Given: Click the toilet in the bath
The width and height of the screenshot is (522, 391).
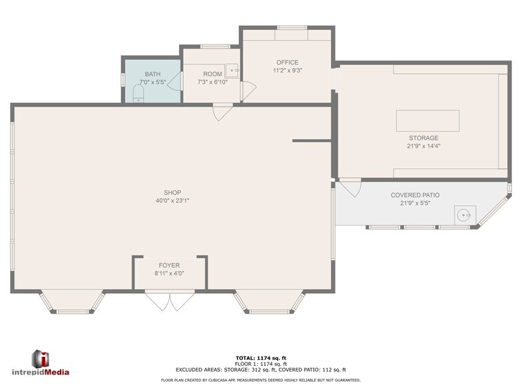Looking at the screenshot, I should (138, 97).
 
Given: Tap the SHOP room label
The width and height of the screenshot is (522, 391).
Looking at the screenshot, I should (172, 193).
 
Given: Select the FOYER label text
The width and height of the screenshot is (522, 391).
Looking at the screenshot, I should (169, 265).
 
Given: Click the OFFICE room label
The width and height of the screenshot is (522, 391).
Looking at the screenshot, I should (287, 63).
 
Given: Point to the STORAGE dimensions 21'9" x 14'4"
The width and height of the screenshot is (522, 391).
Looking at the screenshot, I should (424, 146).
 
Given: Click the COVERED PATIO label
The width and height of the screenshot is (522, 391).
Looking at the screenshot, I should (415, 195).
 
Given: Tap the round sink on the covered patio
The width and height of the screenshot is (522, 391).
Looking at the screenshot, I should (464, 215).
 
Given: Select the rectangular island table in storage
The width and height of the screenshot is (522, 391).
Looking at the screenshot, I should (427, 121).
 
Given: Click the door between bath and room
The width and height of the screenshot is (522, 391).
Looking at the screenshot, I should (174, 82).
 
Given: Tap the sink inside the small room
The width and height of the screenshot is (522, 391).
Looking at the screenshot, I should (232, 69).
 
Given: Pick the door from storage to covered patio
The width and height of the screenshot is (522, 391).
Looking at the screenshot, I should (351, 187).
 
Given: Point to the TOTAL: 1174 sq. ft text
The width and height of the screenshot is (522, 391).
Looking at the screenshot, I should (261, 358).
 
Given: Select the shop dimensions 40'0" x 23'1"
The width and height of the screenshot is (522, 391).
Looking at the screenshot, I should (172, 200).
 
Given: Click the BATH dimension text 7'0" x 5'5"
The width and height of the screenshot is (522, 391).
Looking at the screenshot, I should (152, 82).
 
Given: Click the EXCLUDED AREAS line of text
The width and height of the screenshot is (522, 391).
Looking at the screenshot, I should (261, 370).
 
